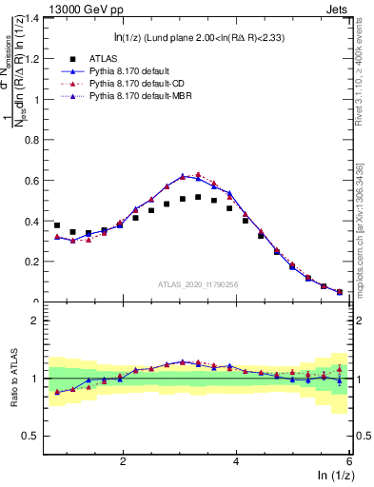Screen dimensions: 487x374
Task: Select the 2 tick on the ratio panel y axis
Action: tap(34, 321)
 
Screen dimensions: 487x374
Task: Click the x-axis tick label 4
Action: tap(236, 461)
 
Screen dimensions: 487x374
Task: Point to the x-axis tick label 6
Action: tap(349, 461)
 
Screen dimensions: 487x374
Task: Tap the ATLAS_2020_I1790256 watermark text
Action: tap(197, 284)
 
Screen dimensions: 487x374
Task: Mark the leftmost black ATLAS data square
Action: tap(57, 225)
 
